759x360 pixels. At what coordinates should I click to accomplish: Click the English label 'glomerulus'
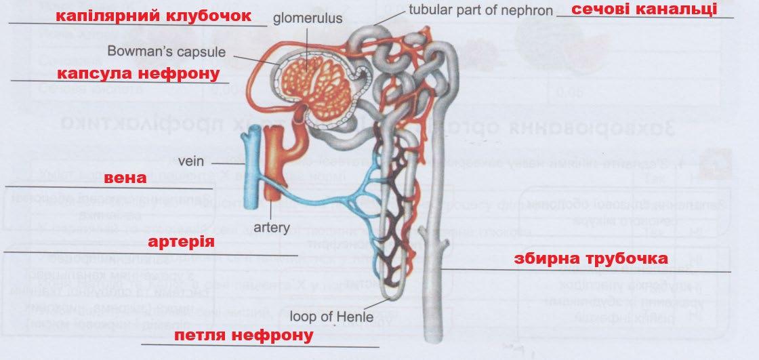click(308, 19)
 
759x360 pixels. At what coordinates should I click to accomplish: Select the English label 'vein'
click(191, 163)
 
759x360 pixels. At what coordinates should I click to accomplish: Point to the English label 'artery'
click(272, 227)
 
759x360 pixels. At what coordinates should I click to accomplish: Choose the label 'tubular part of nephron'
click(481, 11)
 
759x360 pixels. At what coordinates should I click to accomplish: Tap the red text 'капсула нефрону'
click(138, 73)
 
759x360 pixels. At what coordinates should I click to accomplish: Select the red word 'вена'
click(125, 179)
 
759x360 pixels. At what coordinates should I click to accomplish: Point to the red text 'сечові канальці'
click(644, 9)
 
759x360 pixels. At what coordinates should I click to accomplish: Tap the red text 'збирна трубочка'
click(591, 258)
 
